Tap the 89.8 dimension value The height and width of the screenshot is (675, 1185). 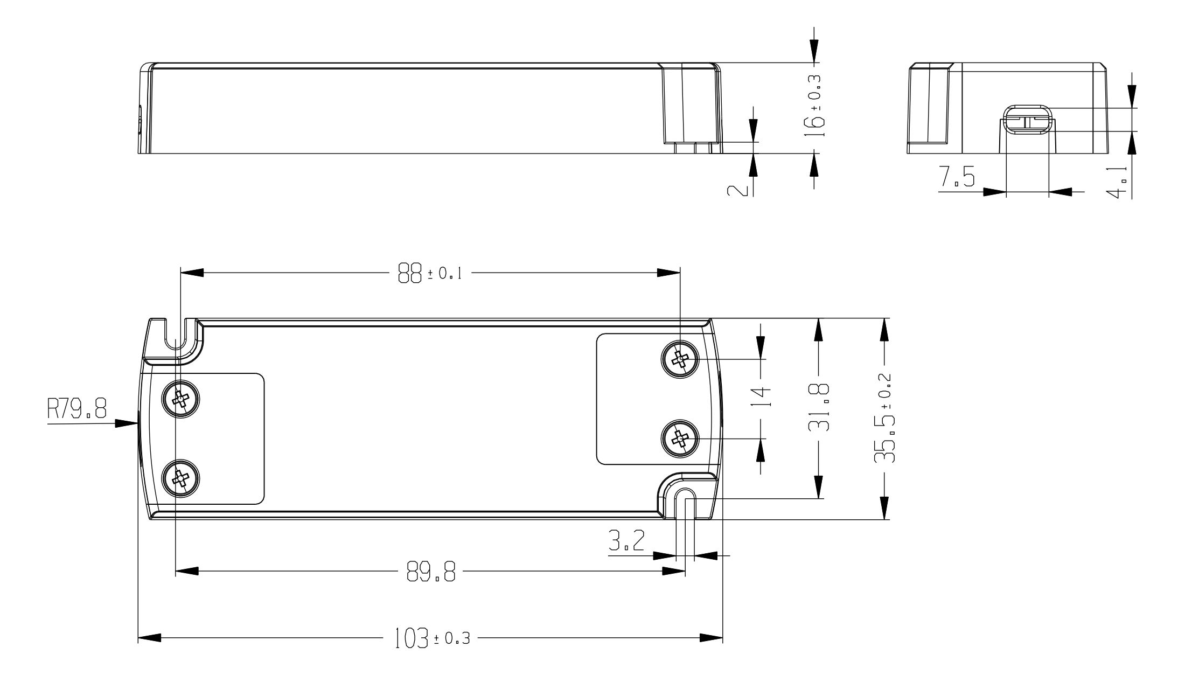(431, 573)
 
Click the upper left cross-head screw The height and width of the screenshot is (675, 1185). (181, 399)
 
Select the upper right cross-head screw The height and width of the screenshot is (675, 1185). (680, 358)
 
